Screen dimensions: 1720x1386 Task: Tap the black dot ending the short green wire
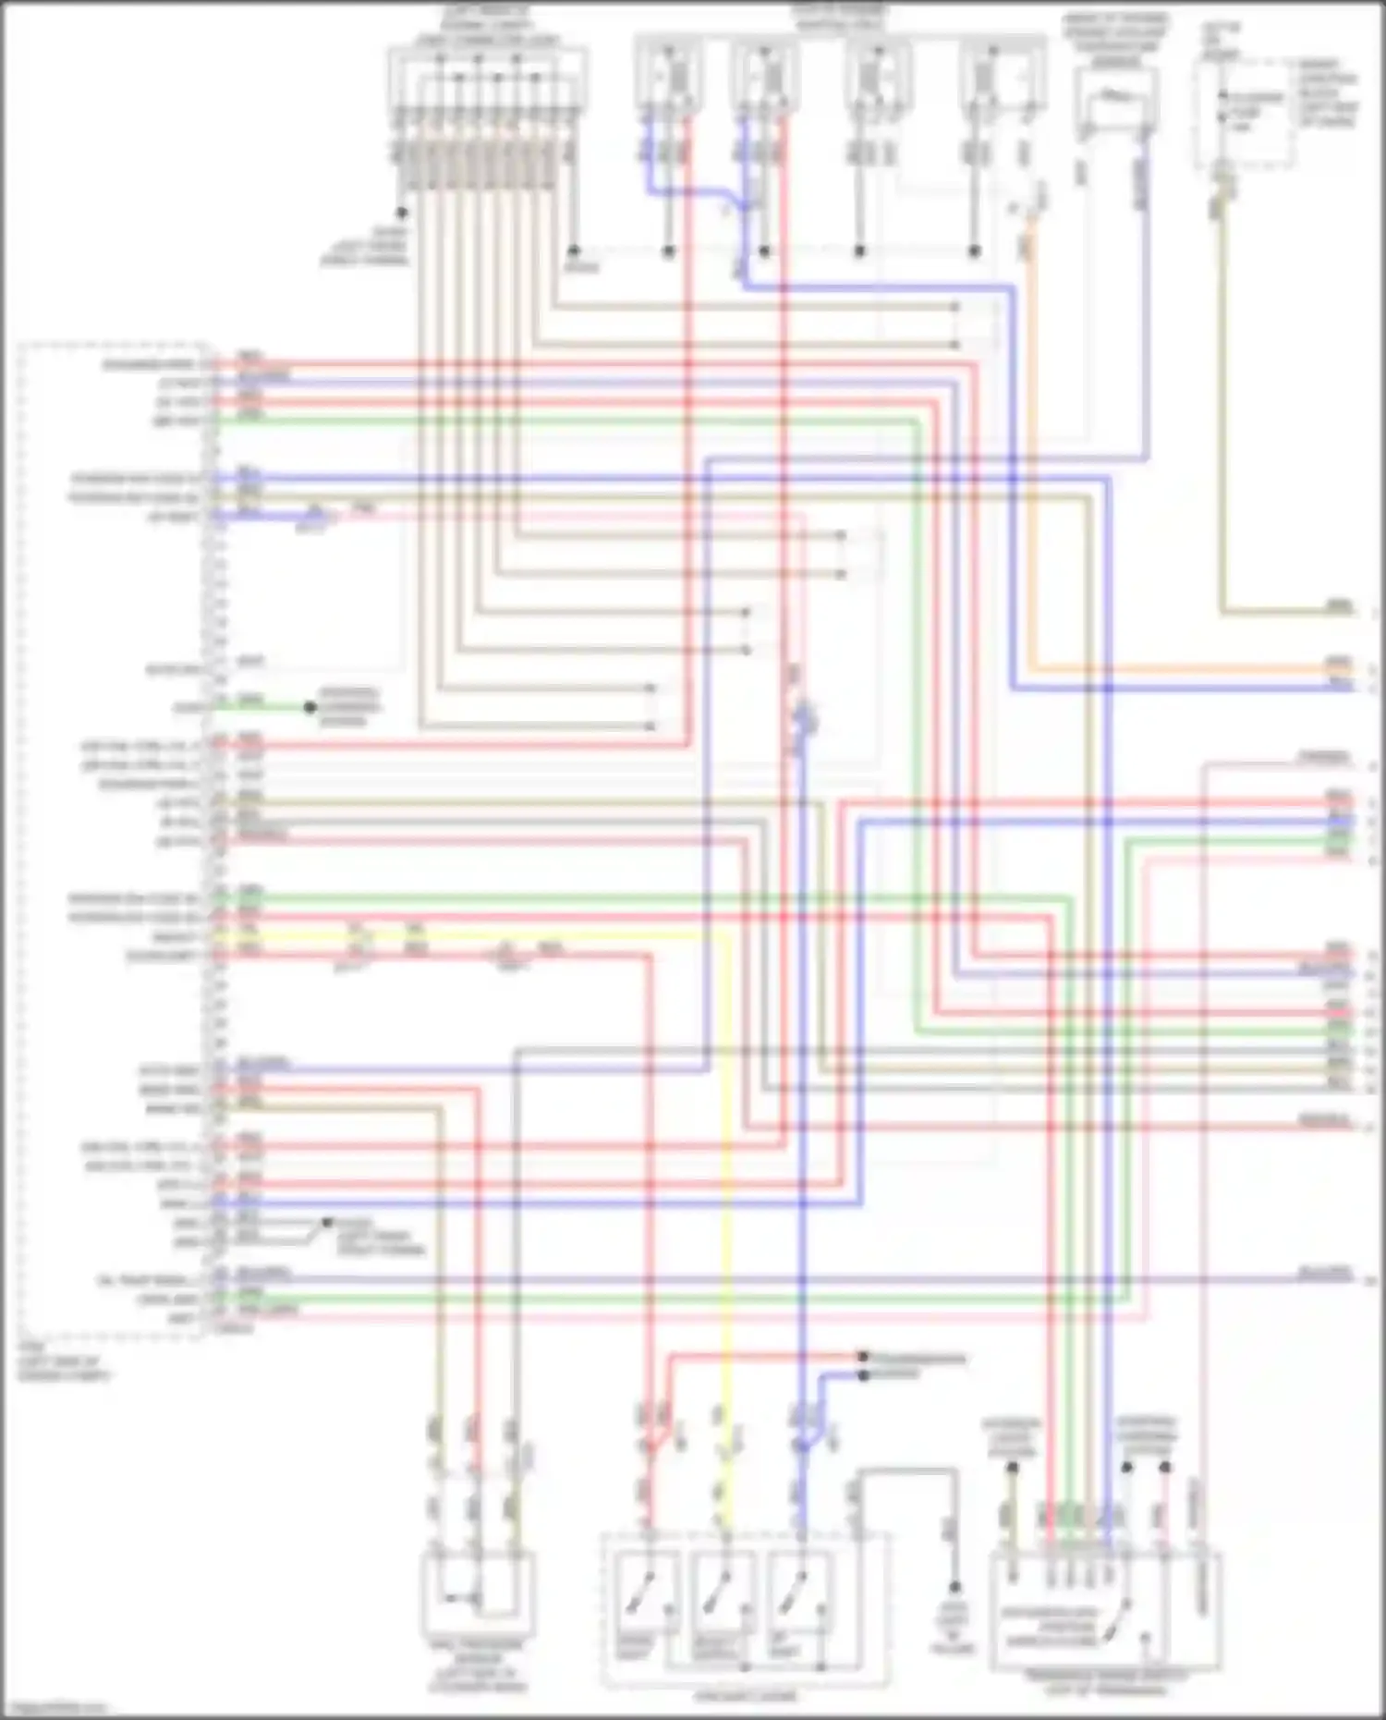[x=310, y=708]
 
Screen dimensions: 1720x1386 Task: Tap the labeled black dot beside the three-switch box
[x=954, y=1587]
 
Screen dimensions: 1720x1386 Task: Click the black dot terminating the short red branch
[x=863, y=1357]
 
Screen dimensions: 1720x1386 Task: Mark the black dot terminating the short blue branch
[x=863, y=1375]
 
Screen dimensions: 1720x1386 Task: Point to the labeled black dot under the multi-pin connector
[x=402, y=213]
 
